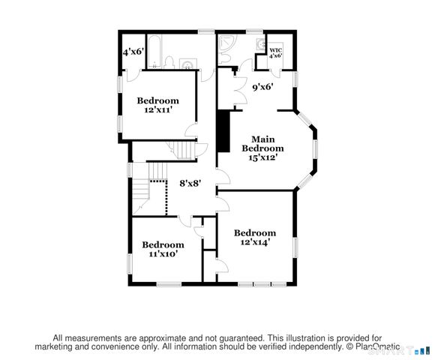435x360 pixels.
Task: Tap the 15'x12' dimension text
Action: (262, 157)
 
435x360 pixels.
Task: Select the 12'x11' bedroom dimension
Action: (157, 110)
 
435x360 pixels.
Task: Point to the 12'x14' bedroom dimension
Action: (254, 242)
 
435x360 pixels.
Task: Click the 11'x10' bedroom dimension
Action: (163, 254)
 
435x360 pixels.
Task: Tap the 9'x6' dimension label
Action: (262, 87)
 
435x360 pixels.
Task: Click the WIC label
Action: (275, 49)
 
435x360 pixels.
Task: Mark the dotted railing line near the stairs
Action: (157, 181)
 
